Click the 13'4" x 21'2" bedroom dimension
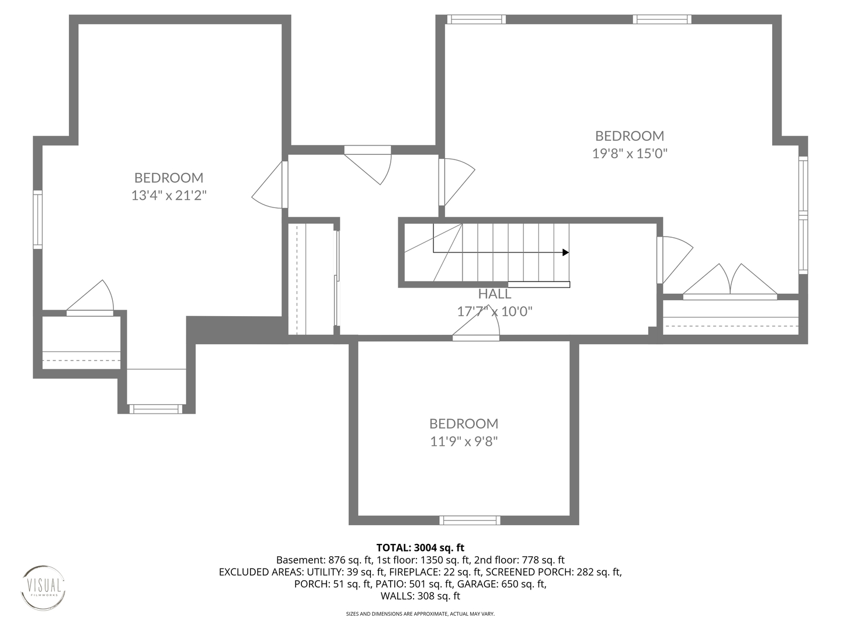169,195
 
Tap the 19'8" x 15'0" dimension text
630,154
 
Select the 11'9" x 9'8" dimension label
464,441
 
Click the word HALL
494,294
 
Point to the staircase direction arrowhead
565,252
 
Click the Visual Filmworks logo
43,588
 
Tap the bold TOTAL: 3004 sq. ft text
420,547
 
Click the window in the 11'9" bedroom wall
470,520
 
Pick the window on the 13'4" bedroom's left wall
37,220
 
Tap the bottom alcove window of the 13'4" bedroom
155,409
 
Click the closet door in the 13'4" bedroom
91,298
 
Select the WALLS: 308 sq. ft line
420,596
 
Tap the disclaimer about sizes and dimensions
420,613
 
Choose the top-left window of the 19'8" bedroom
476,19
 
